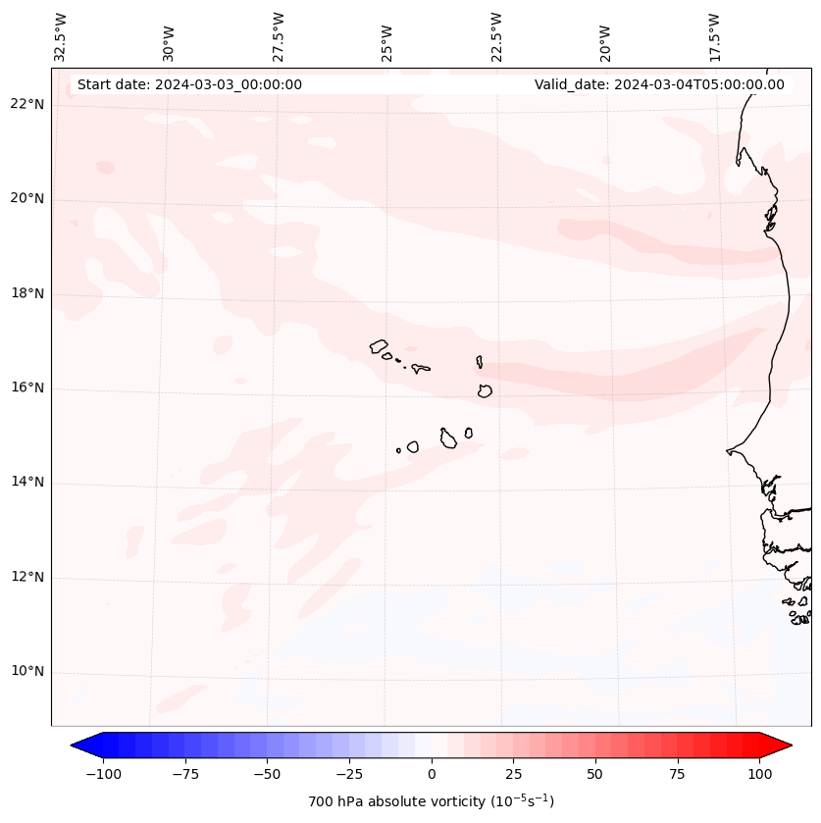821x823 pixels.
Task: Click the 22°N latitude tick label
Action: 27,105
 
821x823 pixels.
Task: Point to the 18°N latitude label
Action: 27,293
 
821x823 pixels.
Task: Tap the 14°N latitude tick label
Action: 27,482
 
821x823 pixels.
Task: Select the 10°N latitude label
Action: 27,672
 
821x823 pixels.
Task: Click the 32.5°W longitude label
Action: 61,37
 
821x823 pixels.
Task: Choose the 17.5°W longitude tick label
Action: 714,37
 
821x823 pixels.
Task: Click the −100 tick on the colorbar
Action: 103,774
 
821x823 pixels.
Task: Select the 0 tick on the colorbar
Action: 432,774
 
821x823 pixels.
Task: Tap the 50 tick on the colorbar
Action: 595,774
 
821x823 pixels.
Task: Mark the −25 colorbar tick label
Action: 349,774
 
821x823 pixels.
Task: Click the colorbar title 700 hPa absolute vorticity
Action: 431,801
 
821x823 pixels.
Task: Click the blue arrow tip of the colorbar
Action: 77,746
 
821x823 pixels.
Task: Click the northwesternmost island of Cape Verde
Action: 379,345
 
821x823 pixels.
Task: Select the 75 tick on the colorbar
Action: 678,774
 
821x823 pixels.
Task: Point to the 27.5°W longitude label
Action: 279,37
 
